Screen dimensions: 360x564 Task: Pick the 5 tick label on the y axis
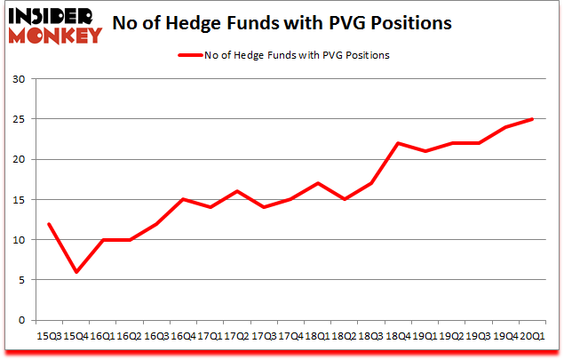[x=21, y=280]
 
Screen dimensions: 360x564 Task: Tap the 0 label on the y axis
[x=21, y=320]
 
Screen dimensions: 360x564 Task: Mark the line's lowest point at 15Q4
[x=76, y=272]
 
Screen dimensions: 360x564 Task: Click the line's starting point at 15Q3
[x=50, y=223]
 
